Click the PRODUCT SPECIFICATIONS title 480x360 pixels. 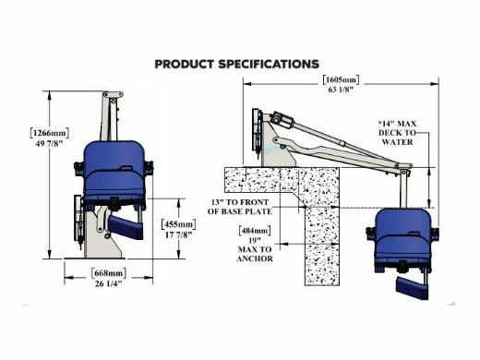click(236, 64)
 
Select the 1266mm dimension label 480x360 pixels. click(50, 133)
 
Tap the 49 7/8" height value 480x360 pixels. click(49, 143)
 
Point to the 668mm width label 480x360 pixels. click(109, 273)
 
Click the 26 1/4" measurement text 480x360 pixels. click(109, 283)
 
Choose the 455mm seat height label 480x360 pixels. click(179, 224)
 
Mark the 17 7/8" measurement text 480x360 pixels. click(179, 234)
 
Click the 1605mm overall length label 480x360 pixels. click(341, 79)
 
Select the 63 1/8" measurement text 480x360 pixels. click(341, 90)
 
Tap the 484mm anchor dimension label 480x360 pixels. click(255, 231)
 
